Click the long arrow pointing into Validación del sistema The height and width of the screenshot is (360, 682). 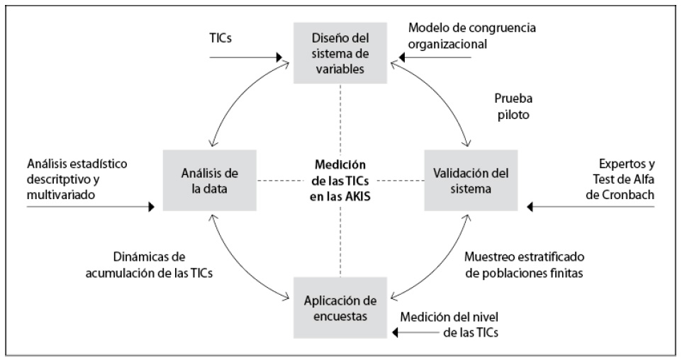[596, 207]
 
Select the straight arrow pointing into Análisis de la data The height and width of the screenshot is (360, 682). [89, 207]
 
